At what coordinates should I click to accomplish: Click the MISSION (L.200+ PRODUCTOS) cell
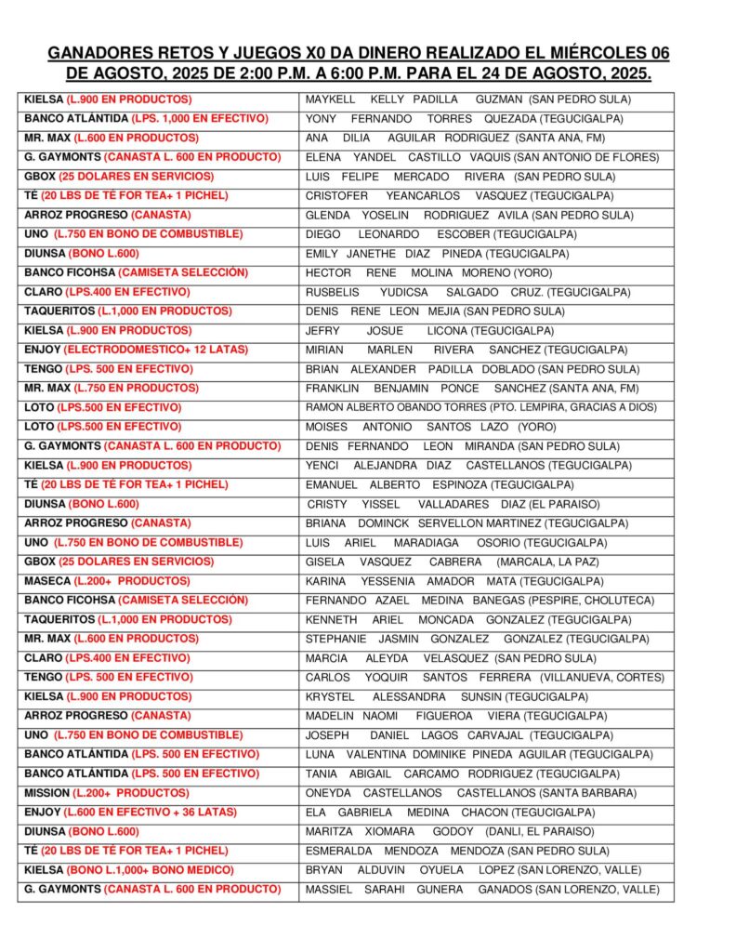106,793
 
